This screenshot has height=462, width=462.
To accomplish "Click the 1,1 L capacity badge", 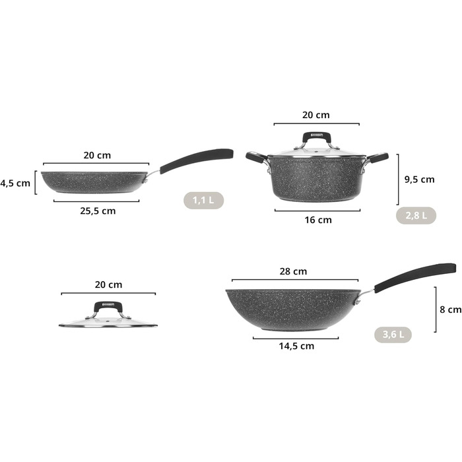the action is point(203,201).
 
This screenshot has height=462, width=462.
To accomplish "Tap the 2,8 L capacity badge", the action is point(416,215).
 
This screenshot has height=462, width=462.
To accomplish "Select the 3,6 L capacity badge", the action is point(393,335).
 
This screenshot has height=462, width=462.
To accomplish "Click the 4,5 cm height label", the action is point(15,183).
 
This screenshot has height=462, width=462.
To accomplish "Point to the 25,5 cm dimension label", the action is point(98,211).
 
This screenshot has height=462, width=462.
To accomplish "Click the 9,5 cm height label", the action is point(419,180).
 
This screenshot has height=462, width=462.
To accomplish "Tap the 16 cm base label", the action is point(318,220).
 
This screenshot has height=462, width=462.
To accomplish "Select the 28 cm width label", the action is point(293,271).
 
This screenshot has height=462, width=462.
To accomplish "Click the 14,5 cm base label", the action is point(296,346).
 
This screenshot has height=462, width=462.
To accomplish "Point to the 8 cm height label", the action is point(451,310).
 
